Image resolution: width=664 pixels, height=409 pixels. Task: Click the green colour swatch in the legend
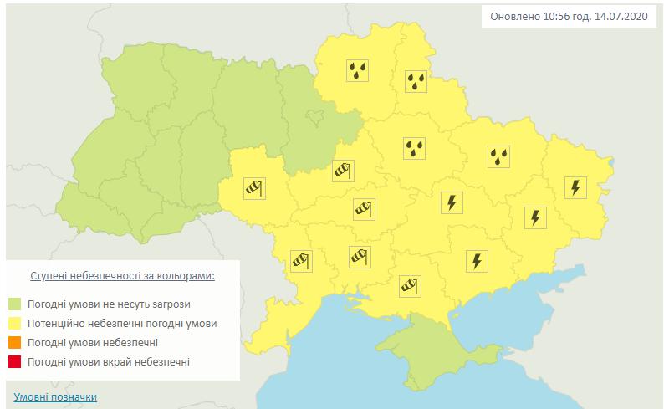point(15,303)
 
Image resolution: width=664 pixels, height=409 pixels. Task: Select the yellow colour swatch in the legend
point(15,323)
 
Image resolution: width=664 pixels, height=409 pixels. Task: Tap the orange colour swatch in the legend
point(15,343)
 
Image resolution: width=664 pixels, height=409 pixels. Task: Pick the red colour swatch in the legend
point(15,362)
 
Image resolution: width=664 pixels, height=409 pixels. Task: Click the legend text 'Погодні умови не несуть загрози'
point(109,303)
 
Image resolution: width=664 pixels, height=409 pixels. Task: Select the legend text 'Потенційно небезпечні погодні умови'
point(122,323)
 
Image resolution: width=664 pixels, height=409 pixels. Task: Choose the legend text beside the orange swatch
point(92,343)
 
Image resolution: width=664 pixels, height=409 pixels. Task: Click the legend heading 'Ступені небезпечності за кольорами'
point(122,275)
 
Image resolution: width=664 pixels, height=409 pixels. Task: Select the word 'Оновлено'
point(513,18)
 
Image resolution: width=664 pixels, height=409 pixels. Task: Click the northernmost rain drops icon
point(359,70)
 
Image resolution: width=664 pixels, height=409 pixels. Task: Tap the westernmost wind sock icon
point(253,187)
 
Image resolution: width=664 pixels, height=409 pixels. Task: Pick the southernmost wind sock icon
point(408,286)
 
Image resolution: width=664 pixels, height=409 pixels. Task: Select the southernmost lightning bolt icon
point(476,261)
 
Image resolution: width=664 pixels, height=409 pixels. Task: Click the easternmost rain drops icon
point(499,155)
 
